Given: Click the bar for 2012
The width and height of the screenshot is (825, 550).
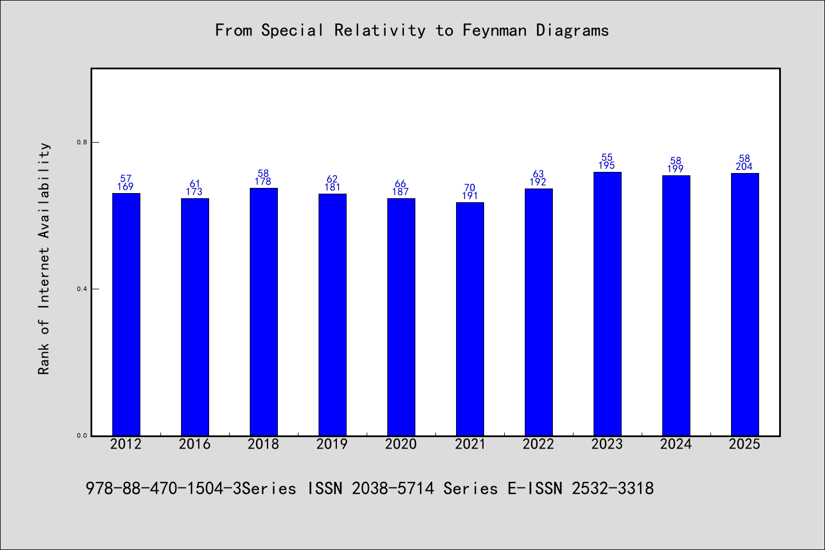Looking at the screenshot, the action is [126, 314].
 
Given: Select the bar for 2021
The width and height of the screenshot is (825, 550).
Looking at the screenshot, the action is [470, 319].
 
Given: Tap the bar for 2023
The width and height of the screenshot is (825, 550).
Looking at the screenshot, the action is [607, 304].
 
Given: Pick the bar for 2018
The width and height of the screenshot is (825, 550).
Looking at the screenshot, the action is [264, 312].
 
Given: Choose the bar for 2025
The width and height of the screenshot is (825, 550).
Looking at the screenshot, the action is [745, 304].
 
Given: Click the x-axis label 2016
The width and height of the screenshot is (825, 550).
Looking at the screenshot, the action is [194, 444].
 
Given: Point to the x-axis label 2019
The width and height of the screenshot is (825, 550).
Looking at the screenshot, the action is [332, 444].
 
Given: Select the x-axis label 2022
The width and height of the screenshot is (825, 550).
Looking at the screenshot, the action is [538, 444].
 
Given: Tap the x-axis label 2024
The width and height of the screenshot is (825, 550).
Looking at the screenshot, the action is [675, 444].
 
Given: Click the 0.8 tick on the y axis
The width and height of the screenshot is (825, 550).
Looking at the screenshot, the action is [82, 142].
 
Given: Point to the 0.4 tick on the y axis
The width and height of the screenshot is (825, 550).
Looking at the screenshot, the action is [82, 289].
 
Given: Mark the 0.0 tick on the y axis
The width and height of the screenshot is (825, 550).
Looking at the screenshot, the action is [82, 436].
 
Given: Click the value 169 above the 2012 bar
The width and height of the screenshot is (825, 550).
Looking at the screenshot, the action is [125, 187].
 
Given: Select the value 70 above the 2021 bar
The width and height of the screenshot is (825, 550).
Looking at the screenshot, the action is [470, 188].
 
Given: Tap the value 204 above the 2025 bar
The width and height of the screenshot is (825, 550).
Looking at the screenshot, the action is [744, 167].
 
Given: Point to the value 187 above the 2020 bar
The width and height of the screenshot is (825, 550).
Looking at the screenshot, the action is [400, 192].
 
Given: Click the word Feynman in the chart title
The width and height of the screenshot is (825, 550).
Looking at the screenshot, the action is [494, 30].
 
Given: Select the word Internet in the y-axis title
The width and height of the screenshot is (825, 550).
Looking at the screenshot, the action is [44, 278].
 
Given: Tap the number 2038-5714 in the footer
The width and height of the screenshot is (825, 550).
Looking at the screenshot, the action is [393, 489].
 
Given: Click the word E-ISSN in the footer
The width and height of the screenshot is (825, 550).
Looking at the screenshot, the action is [535, 489].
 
